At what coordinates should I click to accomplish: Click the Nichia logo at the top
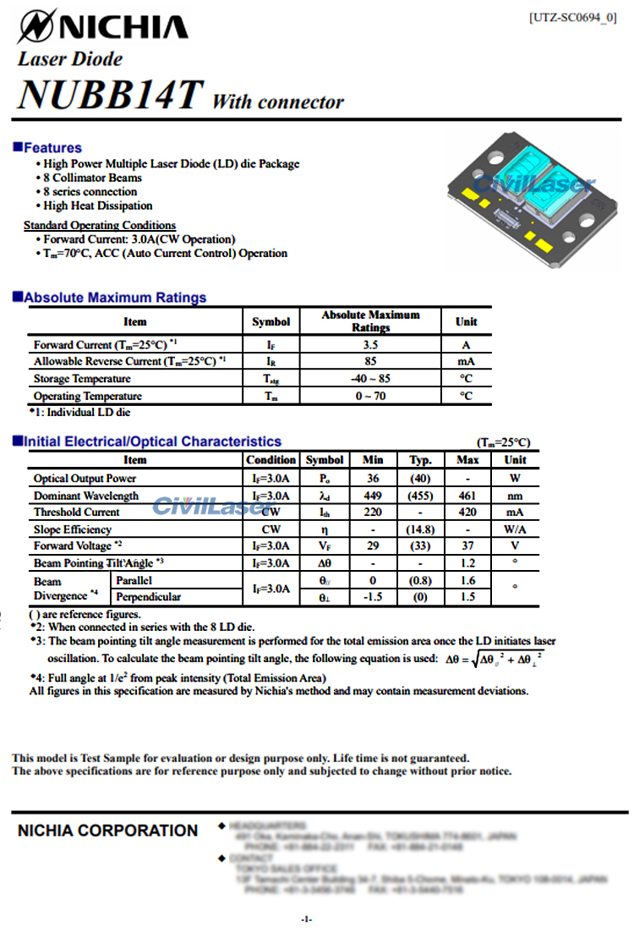click(102, 26)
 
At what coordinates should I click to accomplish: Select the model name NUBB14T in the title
click(110, 94)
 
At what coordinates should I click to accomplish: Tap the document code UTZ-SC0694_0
click(572, 18)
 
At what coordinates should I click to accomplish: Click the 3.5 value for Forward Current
click(370, 345)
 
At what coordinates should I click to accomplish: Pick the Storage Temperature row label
click(82, 379)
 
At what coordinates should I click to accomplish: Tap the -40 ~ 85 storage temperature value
click(370, 379)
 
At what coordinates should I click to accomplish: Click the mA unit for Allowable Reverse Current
click(466, 362)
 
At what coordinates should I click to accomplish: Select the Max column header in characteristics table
click(467, 460)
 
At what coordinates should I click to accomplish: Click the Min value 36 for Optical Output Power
click(372, 479)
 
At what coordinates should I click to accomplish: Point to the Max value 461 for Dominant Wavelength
click(467, 496)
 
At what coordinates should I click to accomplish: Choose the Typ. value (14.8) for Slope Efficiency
click(420, 529)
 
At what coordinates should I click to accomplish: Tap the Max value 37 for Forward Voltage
click(467, 546)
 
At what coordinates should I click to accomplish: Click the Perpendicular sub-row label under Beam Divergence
click(149, 597)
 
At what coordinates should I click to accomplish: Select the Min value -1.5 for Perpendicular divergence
click(372, 597)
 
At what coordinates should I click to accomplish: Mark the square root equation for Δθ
click(495, 658)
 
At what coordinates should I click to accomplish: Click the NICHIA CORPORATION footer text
click(107, 831)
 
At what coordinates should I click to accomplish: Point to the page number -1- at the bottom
click(306, 918)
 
